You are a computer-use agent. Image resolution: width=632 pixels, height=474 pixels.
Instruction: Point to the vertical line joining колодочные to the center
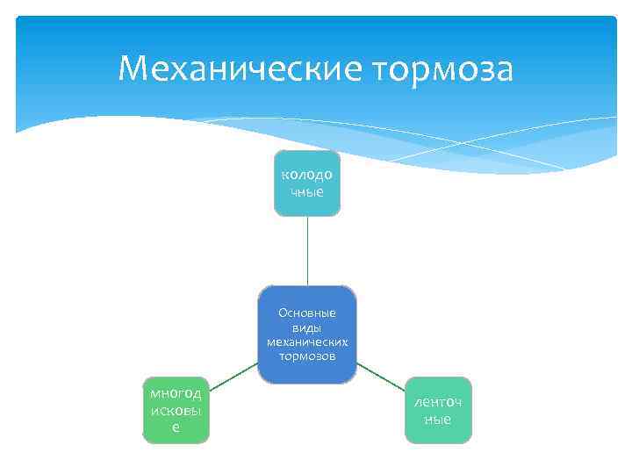pyautogui.click(x=307, y=251)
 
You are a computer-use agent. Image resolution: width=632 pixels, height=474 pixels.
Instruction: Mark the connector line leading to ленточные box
pyautogui.click(x=381, y=376)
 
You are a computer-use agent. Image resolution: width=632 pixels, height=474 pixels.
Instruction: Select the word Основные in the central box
pyautogui.click(x=307, y=312)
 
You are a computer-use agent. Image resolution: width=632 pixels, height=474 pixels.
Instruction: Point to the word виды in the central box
pyautogui.click(x=307, y=327)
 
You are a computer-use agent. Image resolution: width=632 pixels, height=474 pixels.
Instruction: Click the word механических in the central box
pyautogui.click(x=307, y=341)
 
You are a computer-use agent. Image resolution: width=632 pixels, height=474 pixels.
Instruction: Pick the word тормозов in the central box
pyautogui.click(x=307, y=355)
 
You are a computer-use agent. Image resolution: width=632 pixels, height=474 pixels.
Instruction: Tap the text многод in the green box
pyautogui.click(x=176, y=392)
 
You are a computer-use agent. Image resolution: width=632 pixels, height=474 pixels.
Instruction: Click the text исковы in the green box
pyautogui.click(x=176, y=409)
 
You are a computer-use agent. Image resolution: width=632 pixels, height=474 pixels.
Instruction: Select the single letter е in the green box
pyautogui.click(x=176, y=426)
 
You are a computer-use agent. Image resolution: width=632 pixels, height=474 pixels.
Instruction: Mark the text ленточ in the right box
pyautogui.click(x=438, y=401)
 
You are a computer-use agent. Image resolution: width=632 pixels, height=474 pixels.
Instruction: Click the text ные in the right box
pyautogui.click(x=438, y=419)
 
